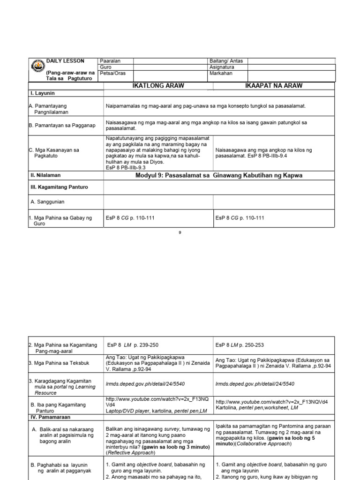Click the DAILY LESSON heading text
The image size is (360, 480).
pyautogui.click(x=65, y=61)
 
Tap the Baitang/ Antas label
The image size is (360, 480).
pyautogui.click(x=226, y=61)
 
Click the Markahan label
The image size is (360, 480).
pyautogui.click(x=221, y=74)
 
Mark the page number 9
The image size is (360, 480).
pyautogui.click(x=180, y=232)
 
